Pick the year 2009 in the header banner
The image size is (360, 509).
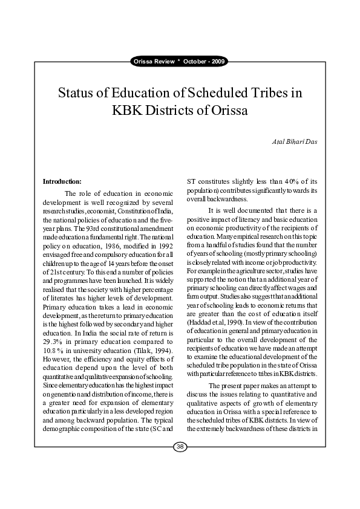pyautogui.click(x=218, y=62)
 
